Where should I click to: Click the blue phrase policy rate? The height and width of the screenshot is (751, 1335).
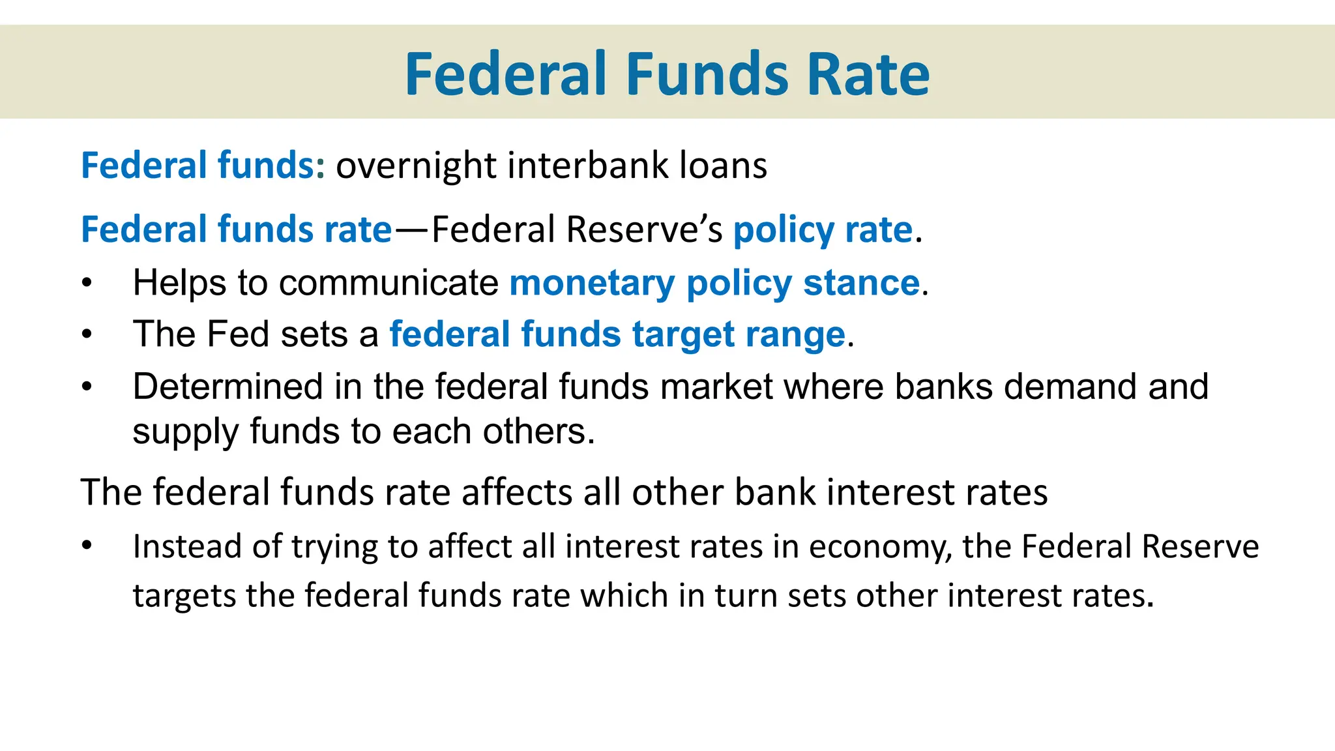(823, 230)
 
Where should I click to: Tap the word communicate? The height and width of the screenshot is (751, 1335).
(389, 283)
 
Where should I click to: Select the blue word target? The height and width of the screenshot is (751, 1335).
(682, 334)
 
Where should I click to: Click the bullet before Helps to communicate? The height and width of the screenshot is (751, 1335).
(87, 284)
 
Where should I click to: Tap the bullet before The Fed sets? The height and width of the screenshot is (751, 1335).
(87, 335)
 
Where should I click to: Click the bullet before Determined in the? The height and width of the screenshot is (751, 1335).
(87, 387)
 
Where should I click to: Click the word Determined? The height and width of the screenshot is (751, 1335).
(227, 387)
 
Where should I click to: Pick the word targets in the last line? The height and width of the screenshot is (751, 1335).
(184, 596)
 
